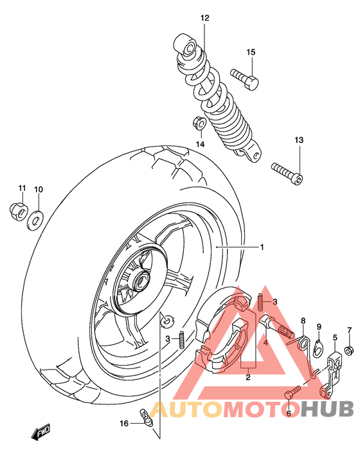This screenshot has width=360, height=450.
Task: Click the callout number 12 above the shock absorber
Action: point(204,18)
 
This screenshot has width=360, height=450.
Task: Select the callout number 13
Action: point(298,139)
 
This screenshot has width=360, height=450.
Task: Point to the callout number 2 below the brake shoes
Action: point(247,378)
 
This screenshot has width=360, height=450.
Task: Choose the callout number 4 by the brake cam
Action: point(265,343)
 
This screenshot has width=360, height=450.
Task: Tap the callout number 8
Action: point(303,321)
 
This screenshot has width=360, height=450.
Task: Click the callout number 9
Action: point(319,327)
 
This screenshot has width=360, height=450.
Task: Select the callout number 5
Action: point(335,337)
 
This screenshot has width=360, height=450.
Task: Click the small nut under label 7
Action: point(349,350)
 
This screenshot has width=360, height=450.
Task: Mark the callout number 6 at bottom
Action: point(289,413)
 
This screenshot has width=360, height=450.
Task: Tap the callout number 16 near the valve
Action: point(124,422)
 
